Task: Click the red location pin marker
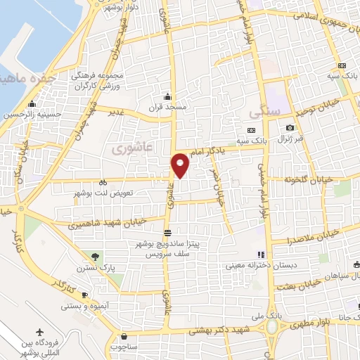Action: (181, 165)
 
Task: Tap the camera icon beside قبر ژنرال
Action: (290, 127)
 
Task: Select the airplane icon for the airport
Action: (38, 331)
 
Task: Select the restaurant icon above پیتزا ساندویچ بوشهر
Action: (167, 233)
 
